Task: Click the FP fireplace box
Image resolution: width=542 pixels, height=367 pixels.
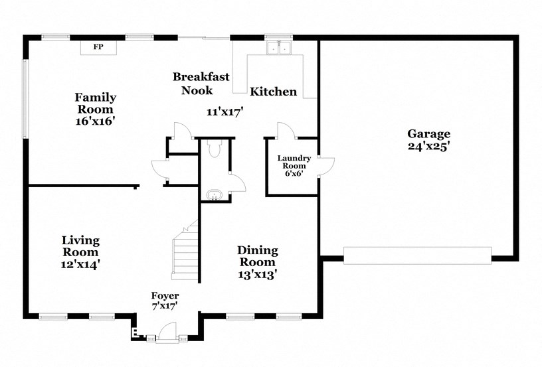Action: click(x=98, y=47)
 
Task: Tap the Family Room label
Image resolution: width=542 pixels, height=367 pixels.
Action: click(x=96, y=103)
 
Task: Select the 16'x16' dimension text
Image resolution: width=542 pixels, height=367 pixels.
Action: click(x=96, y=121)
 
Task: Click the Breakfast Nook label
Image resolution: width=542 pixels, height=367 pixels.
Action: click(x=201, y=83)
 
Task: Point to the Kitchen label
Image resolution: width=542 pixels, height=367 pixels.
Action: click(x=273, y=92)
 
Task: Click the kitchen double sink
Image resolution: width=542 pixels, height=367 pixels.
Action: click(x=279, y=48)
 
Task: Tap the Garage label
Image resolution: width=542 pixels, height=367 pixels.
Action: click(x=428, y=133)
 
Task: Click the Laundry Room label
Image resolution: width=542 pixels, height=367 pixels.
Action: click(x=294, y=161)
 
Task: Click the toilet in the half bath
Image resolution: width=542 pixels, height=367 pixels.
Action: click(x=213, y=151)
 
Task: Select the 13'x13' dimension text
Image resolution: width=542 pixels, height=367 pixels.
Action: click(x=258, y=273)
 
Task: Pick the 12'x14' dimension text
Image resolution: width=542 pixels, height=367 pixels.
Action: click(x=80, y=263)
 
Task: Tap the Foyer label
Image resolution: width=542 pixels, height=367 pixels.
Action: click(x=165, y=295)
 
